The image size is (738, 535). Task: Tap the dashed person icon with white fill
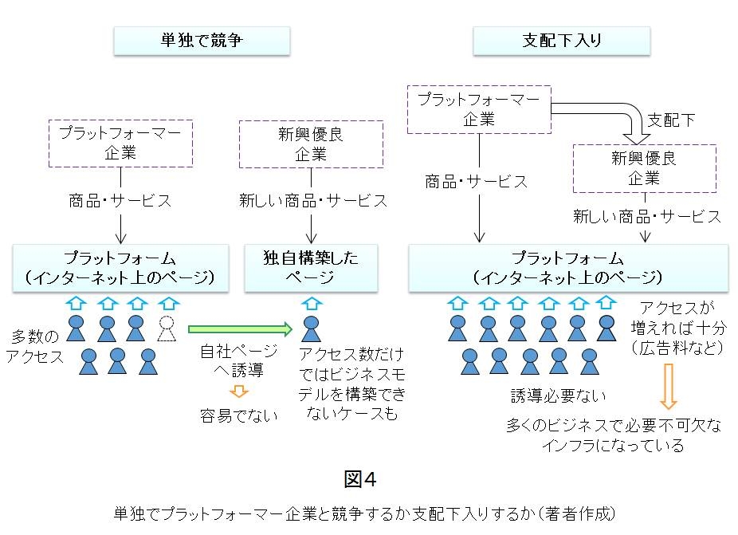coord(167,328)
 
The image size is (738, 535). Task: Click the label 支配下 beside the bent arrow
coord(670,120)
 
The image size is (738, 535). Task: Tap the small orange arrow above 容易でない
coord(239,391)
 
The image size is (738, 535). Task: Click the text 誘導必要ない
coord(558,395)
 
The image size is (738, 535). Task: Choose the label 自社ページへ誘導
coord(239,361)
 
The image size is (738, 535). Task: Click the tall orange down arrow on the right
coord(668,386)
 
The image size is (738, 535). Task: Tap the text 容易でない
coord(239,415)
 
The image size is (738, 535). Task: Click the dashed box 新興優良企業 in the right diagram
coord(644,168)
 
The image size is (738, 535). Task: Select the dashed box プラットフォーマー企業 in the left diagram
coord(120,143)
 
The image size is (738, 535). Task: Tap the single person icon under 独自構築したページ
coord(311,328)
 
